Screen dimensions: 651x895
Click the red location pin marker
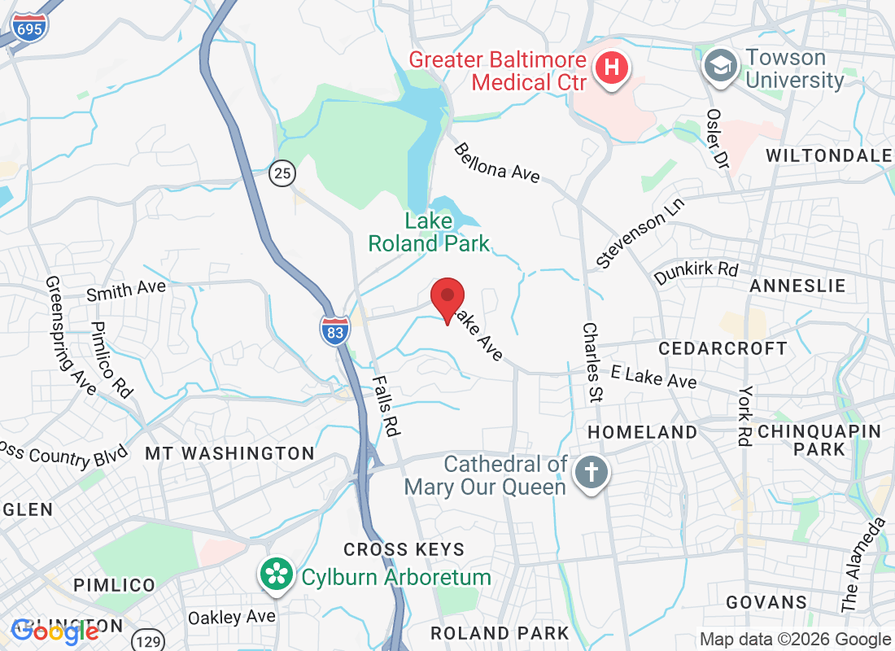tap(447, 299)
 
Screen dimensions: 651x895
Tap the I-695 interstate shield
tap(29, 27)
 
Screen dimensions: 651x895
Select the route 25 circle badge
tap(282, 173)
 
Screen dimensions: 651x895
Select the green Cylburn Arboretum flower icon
tap(277, 576)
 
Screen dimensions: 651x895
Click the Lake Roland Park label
tap(429, 232)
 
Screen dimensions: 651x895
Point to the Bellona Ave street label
tap(496, 163)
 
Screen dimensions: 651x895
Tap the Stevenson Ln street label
tap(641, 231)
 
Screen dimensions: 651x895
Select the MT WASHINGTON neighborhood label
tap(229, 453)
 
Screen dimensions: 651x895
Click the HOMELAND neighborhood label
tap(643, 432)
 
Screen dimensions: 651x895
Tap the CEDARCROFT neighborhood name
tap(723, 348)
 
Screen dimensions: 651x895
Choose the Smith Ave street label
tap(126, 290)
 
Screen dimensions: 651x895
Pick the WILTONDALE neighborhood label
tap(828, 155)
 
